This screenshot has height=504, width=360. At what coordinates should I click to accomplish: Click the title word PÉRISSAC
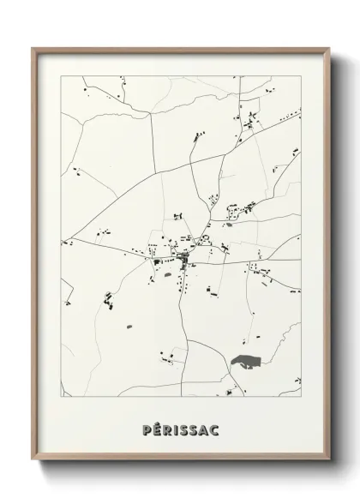tap(179, 429)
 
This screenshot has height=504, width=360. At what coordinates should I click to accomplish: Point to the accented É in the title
tap(155, 429)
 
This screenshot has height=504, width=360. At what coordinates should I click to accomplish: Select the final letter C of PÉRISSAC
tap(213, 429)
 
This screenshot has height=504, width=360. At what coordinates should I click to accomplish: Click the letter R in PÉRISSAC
tap(165, 429)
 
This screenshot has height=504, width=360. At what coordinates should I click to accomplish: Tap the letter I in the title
tap(174, 429)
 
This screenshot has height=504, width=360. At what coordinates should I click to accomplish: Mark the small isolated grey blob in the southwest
tap(130, 327)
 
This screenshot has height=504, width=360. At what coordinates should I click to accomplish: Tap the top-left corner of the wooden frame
tap(33, 48)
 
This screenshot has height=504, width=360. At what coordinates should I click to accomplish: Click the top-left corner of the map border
tap(61, 76)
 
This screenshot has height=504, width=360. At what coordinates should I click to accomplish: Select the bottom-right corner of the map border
tap(301, 399)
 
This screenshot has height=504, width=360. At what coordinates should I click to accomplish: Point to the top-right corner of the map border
tap(301, 76)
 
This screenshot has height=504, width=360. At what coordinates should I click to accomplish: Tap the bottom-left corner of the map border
tap(61, 399)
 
